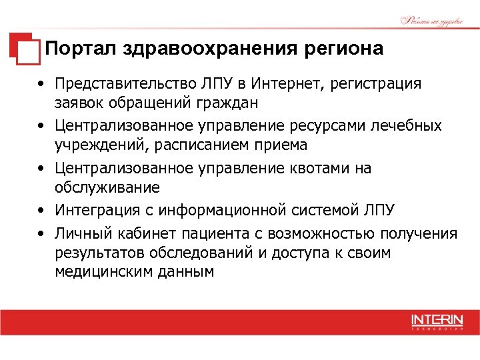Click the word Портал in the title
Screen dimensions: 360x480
pos(79,49)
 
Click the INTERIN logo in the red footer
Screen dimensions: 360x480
pos(437,321)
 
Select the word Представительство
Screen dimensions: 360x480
pos(125,84)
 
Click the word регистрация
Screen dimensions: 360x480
pos(373,84)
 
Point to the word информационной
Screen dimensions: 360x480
pos(224,211)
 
